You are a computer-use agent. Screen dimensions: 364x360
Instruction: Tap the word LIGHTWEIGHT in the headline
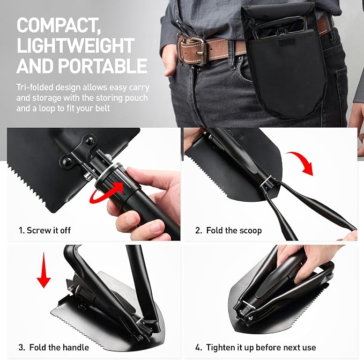point(76,45)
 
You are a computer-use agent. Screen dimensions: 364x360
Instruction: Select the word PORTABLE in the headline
point(102,66)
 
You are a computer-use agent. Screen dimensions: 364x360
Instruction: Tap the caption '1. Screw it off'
point(44,230)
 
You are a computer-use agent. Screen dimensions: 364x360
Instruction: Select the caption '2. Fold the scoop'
point(228,230)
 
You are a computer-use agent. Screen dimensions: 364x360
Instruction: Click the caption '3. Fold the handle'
point(54,348)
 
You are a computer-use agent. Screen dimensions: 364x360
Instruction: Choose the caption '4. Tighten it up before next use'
point(255,348)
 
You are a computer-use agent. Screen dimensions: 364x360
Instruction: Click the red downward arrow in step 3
point(43,270)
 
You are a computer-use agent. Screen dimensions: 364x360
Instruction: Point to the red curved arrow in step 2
point(300,163)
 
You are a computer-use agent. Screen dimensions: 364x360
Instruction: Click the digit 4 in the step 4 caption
point(198,348)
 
